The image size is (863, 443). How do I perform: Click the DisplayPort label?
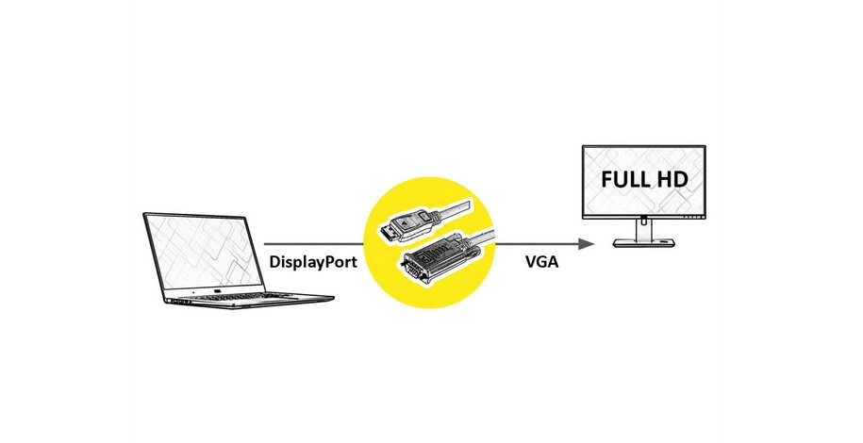[312, 262]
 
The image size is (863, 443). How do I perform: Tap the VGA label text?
[542, 262]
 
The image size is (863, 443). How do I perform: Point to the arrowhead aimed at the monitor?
[587, 244]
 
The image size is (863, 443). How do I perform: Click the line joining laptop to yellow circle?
[314, 244]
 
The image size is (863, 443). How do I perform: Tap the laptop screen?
[204, 252]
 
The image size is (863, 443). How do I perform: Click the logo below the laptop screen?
[218, 291]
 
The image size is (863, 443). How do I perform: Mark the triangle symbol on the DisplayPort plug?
[407, 222]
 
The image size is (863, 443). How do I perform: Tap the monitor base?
[644, 243]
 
